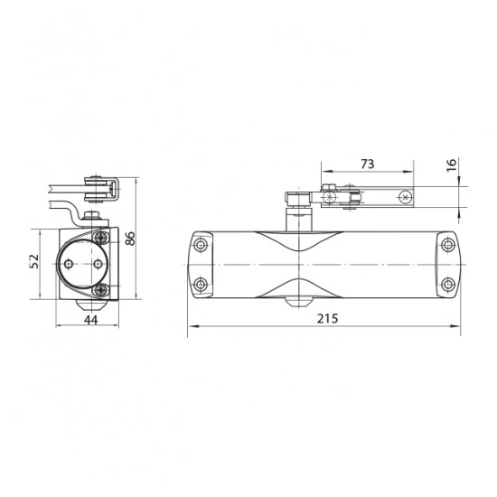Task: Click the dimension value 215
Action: point(327,318)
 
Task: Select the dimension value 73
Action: point(368,164)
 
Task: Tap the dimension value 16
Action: point(451,164)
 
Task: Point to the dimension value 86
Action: point(129,239)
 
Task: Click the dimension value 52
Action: point(34,261)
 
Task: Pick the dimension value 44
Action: point(91,320)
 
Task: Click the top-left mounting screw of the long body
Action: point(201,245)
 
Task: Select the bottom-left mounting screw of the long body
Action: point(201,284)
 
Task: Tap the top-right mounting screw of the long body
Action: point(447,245)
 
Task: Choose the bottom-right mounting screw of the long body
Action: point(447,284)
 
